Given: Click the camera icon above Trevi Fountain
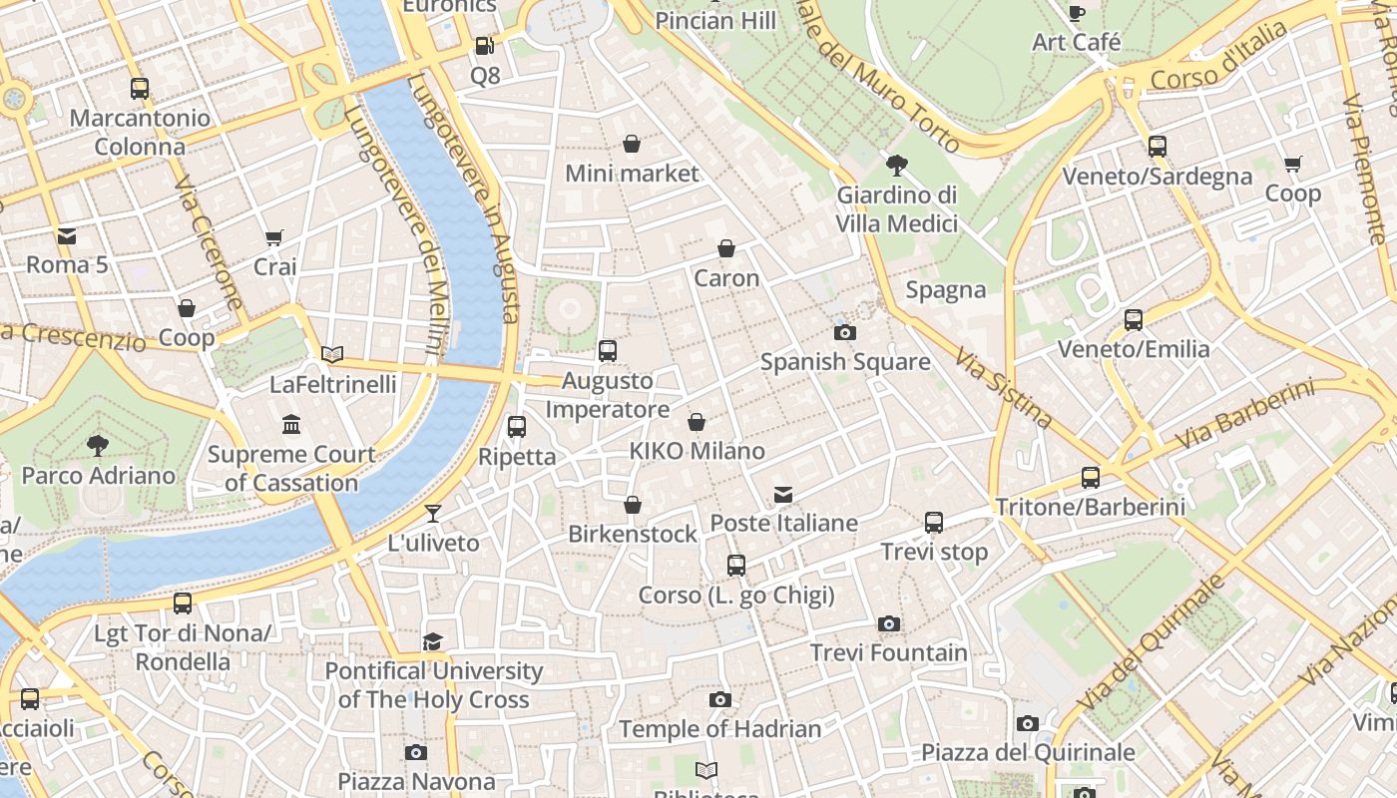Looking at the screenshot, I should pyautogui.click(x=889, y=624).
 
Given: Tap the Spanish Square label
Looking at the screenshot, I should pyautogui.click(x=845, y=362).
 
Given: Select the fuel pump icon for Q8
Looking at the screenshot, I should pyautogui.click(x=484, y=45).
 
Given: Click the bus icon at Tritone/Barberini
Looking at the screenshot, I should pyautogui.click(x=1091, y=478).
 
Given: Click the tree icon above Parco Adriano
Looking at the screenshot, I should pyautogui.click(x=97, y=445).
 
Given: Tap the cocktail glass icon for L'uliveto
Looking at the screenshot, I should pyautogui.click(x=433, y=514).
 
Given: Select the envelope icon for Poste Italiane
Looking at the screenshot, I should pyautogui.click(x=783, y=495).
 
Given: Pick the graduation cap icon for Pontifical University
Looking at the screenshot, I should pyautogui.click(x=433, y=641).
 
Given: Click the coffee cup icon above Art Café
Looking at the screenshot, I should pyautogui.click(x=1076, y=13).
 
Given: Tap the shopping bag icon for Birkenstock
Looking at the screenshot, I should pyautogui.click(x=633, y=506).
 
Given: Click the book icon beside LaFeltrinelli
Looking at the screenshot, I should pyautogui.click(x=332, y=354).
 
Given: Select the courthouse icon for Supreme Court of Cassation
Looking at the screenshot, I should pyautogui.click(x=291, y=425).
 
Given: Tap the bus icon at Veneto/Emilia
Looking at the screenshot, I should pyautogui.click(x=1134, y=320).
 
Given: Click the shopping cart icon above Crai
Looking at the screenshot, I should pyautogui.click(x=274, y=237).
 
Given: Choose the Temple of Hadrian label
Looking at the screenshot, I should pyautogui.click(x=720, y=729).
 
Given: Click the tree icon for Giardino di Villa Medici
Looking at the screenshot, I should pyautogui.click(x=896, y=165).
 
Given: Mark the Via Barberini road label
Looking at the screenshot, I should pyautogui.click(x=1244, y=414).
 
